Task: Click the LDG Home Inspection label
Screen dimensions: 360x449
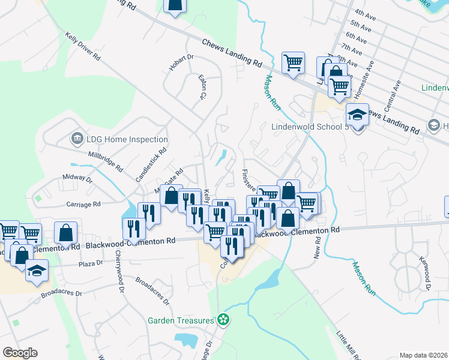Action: [x=126, y=139]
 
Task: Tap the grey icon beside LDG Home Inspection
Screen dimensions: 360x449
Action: [x=76, y=139]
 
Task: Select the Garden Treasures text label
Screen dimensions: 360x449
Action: [x=181, y=320]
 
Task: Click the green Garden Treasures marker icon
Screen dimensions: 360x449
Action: [x=223, y=320]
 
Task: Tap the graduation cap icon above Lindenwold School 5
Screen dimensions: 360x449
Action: [x=357, y=113]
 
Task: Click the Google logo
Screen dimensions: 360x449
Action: [x=20, y=353]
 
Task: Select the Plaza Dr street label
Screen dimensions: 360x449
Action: [x=92, y=263]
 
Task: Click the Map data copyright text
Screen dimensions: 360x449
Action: [x=424, y=355]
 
